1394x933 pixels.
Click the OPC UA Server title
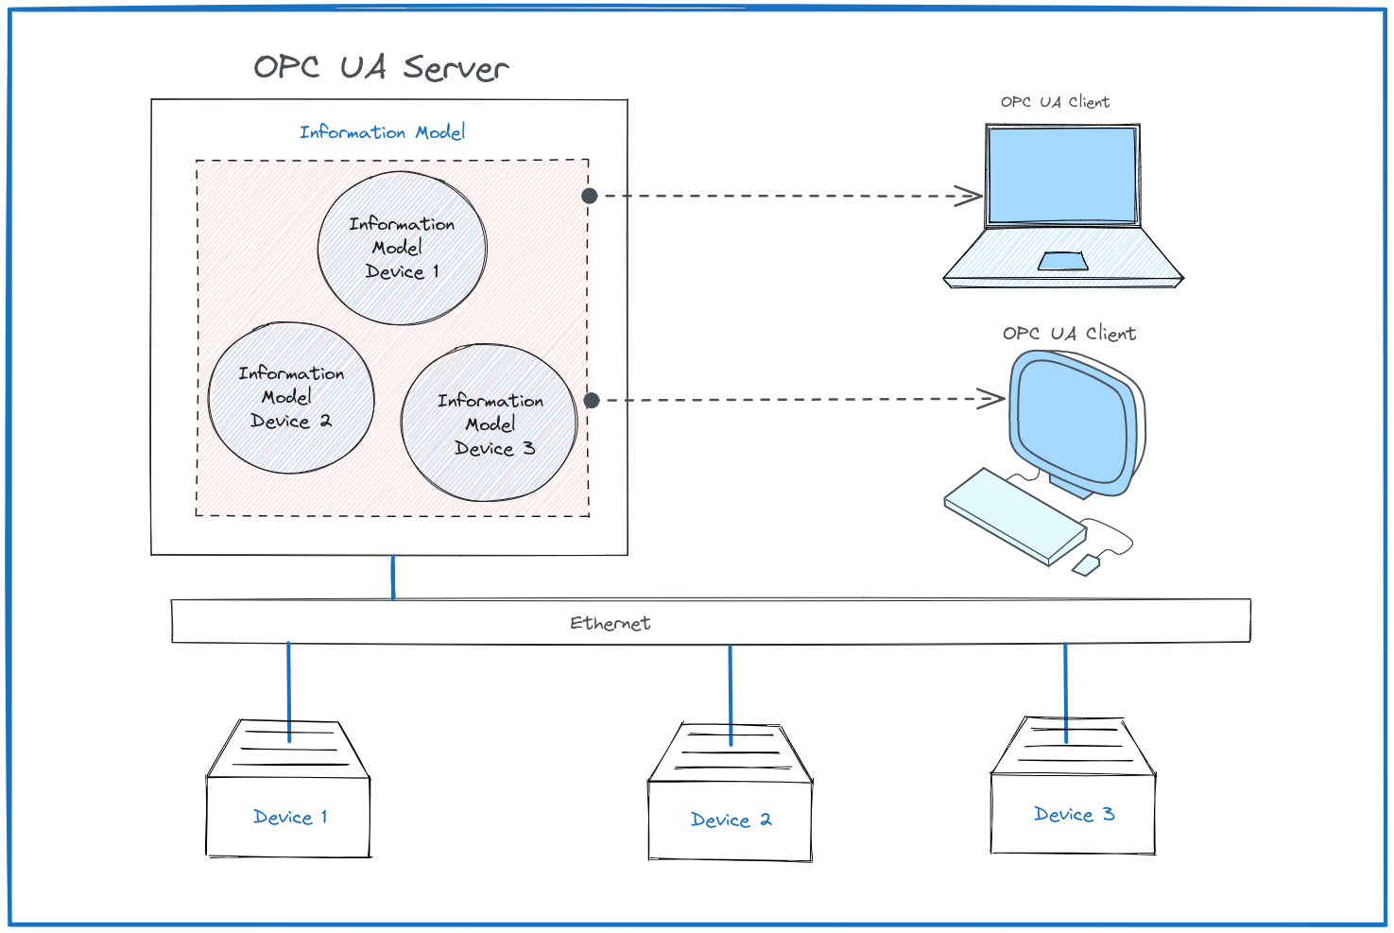(381, 67)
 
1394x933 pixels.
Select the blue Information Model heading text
(382, 132)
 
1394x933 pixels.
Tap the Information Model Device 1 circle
(402, 249)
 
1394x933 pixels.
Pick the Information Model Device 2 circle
(291, 398)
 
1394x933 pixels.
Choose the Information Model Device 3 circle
(490, 423)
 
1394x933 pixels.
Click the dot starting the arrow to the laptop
(590, 196)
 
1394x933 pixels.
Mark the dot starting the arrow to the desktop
(592, 400)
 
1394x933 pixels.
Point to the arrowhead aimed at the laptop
(972, 196)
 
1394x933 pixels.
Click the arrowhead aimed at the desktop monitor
(993, 398)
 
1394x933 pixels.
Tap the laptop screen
(1061, 175)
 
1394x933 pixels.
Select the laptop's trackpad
(1062, 261)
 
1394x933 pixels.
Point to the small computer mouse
(1086, 565)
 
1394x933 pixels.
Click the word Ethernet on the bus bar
(611, 623)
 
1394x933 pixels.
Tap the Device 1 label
(290, 818)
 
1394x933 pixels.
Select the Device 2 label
(731, 821)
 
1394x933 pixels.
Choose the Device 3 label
(1074, 815)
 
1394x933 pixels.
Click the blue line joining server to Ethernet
(393, 577)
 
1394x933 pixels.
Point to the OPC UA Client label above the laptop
(1055, 102)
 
